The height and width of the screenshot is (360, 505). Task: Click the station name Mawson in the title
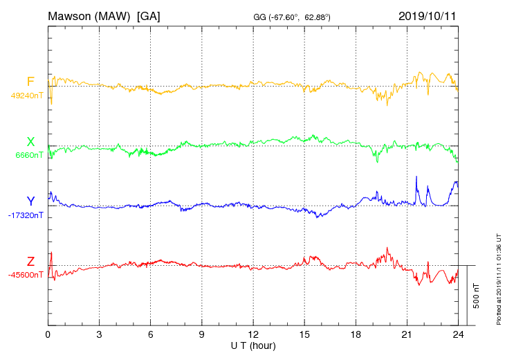coord(71,15)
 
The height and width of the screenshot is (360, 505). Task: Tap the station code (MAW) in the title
coord(116,15)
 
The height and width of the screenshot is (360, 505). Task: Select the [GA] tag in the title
coord(149,15)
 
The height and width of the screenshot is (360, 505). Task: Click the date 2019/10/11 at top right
coord(428,15)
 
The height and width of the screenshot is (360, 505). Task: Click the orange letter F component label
coord(30,82)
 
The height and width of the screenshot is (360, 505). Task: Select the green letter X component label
coord(30,142)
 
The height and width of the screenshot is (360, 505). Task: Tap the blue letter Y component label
coord(30,201)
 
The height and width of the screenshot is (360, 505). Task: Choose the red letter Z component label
coord(30,261)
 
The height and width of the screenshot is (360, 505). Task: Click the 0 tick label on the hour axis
coord(48,334)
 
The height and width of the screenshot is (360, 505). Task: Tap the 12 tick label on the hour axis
coord(253,334)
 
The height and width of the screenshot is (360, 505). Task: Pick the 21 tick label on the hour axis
coord(407,334)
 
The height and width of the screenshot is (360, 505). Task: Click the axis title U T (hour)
coord(253,345)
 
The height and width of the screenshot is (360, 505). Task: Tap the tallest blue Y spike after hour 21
coord(416,178)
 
